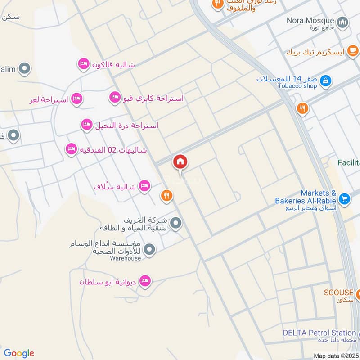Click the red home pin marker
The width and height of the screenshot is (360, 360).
[x=180, y=162]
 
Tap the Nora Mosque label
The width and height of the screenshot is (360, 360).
[x=310, y=21]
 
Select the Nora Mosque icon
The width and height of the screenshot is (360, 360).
[x=343, y=22]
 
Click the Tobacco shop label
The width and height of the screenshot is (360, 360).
[x=297, y=86]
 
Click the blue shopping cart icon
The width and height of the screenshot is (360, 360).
[x=345, y=198]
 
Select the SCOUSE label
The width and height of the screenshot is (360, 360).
[x=339, y=292]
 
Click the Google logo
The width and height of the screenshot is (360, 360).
[x=19, y=353]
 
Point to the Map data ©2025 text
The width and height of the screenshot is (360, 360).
[x=336, y=356]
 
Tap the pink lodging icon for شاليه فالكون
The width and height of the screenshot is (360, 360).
[x=83, y=64]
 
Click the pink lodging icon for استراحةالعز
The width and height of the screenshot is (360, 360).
[x=77, y=99]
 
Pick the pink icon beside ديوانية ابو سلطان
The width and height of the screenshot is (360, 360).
[x=144, y=281]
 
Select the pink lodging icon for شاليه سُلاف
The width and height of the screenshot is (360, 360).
[x=144, y=185]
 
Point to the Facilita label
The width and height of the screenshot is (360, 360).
[x=349, y=162]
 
